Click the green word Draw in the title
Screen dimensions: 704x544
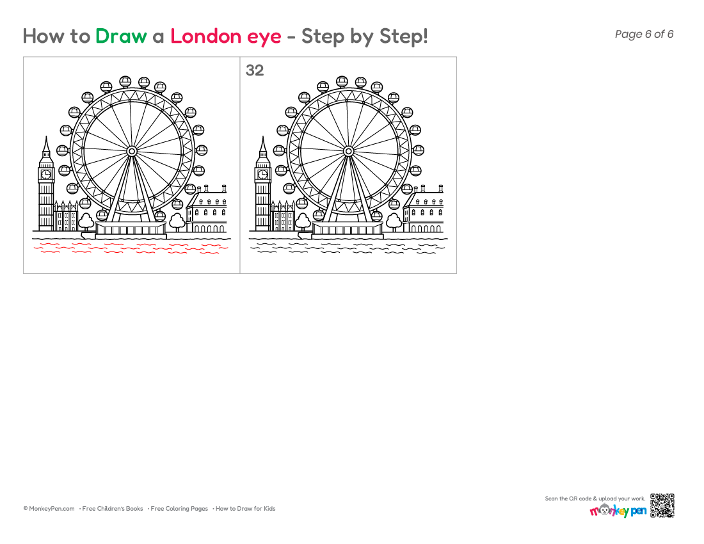(x=121, y=36)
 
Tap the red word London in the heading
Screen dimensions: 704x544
(x=205, y=36)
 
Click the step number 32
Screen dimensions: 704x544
(x=255, y=70)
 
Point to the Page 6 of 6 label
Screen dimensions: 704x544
(x=644, y=34)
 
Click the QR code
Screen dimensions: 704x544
(x=662, y=506)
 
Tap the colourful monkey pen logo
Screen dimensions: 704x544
(x=618, y=510)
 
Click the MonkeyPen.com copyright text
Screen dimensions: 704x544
(x=49, y=509)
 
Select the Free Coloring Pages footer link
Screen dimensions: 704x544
(x=179, y=509)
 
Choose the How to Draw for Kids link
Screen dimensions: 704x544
(x=245, y=509)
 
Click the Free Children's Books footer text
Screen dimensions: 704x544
(x=112, y=509)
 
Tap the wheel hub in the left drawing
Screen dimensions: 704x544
(x=132, y=151)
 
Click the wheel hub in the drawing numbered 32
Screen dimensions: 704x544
(x=348, y=151)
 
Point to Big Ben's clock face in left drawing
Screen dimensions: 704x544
(x=46, y=174)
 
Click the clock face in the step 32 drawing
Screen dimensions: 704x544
(x=262, y=174)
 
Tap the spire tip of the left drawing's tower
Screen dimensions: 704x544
(x=46, y=136)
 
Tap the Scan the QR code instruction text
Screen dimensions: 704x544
(x=595, y=499)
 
